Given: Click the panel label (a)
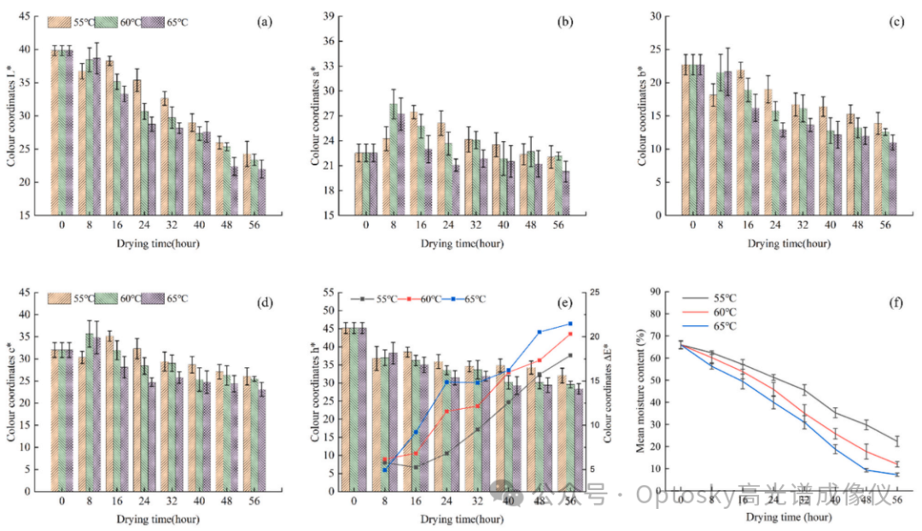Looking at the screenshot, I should coord(265,22).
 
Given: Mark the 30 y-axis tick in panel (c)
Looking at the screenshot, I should coord(656,16).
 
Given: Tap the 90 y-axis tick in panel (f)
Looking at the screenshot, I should coord(656,292).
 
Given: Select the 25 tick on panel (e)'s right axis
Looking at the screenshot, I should coord(592,293).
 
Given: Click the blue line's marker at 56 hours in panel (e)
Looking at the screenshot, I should coord(569,324).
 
